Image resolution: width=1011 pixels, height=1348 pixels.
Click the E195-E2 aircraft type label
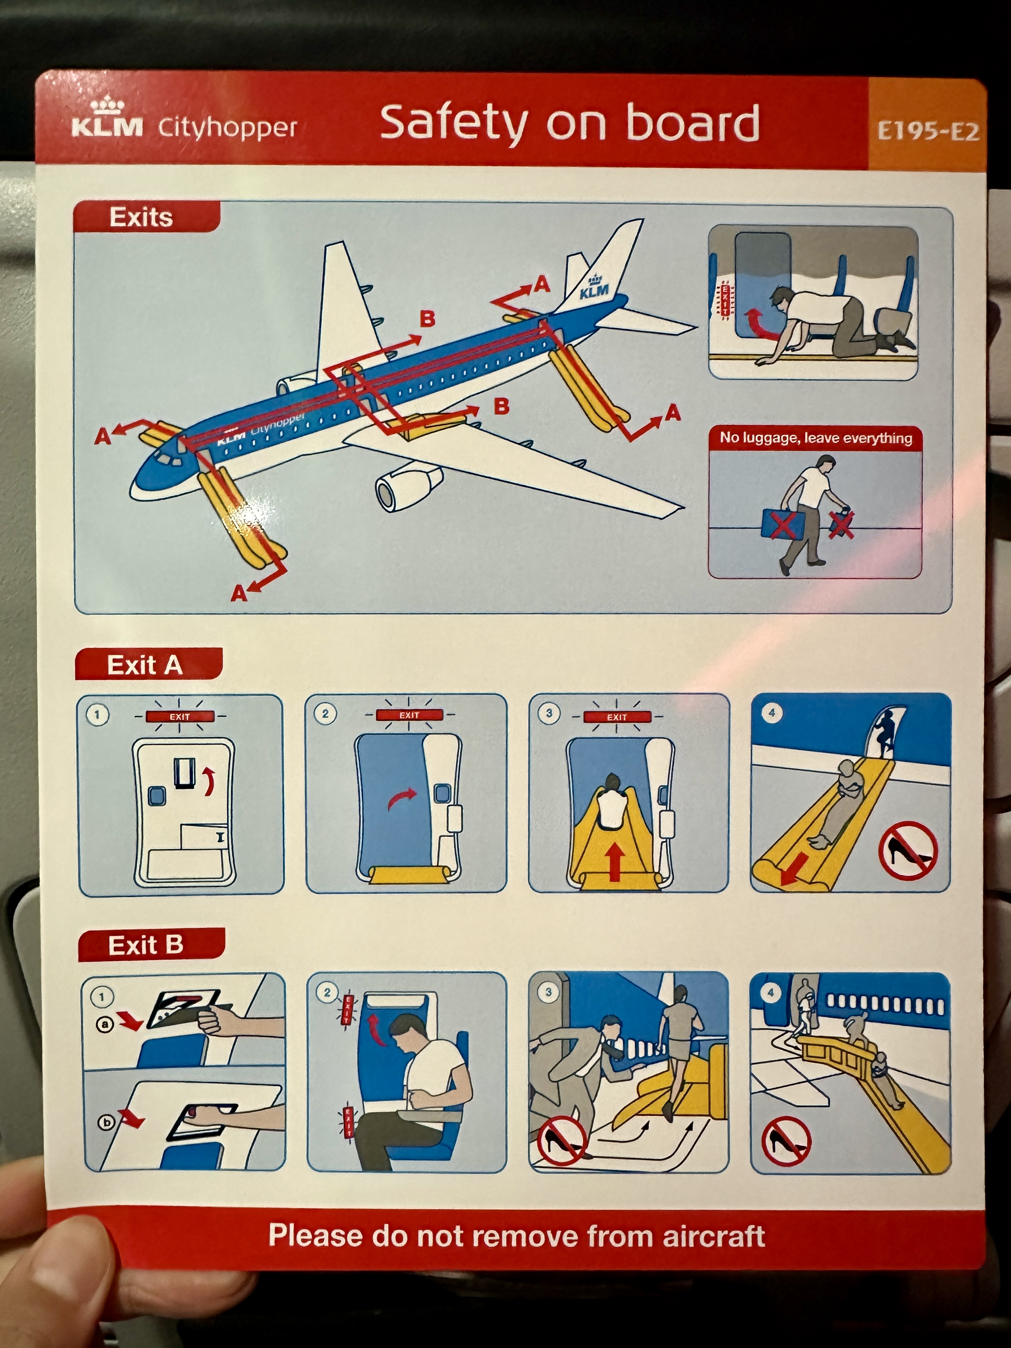pos(927,131)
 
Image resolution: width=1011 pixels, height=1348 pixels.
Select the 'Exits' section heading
pos(141,217)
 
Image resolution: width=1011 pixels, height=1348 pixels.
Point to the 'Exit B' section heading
pos(146,945)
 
